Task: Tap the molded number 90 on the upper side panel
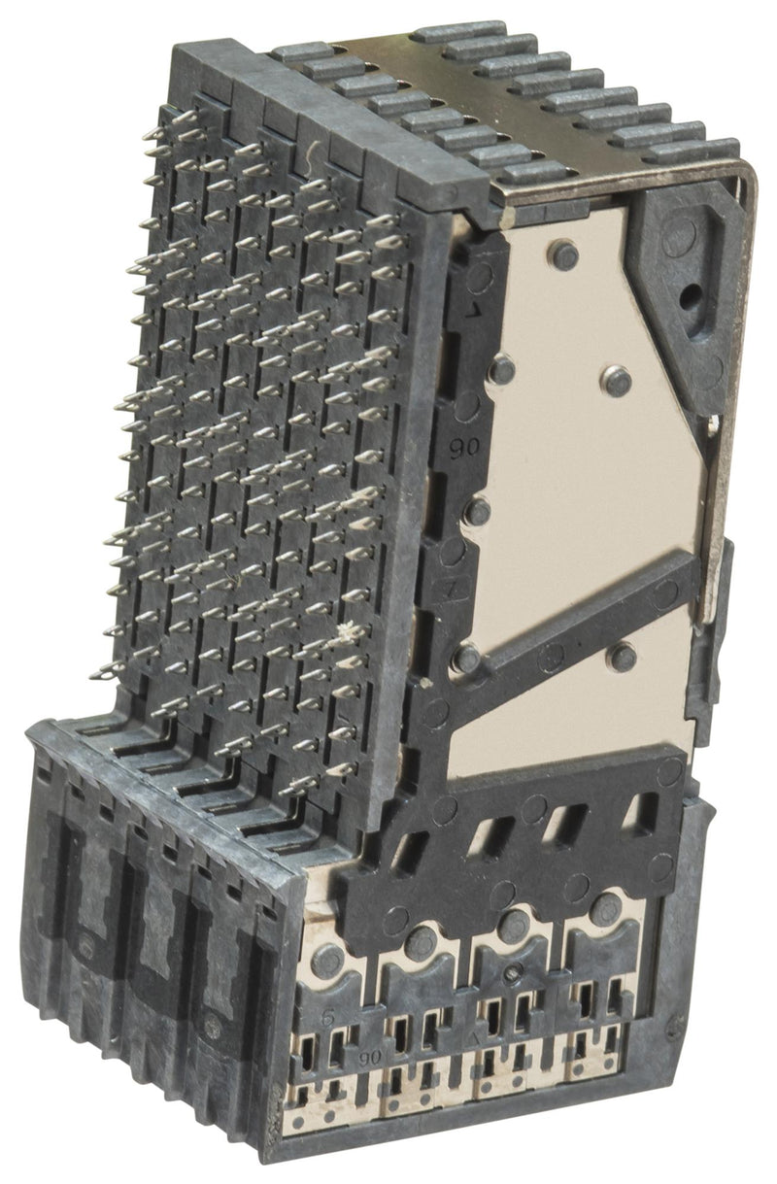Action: click(456, 448)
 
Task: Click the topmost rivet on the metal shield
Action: click(562, 255)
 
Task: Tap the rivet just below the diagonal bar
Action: click(621, 658)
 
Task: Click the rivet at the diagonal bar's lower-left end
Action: click(466, 658)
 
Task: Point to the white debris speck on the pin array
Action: click(342, 635)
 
